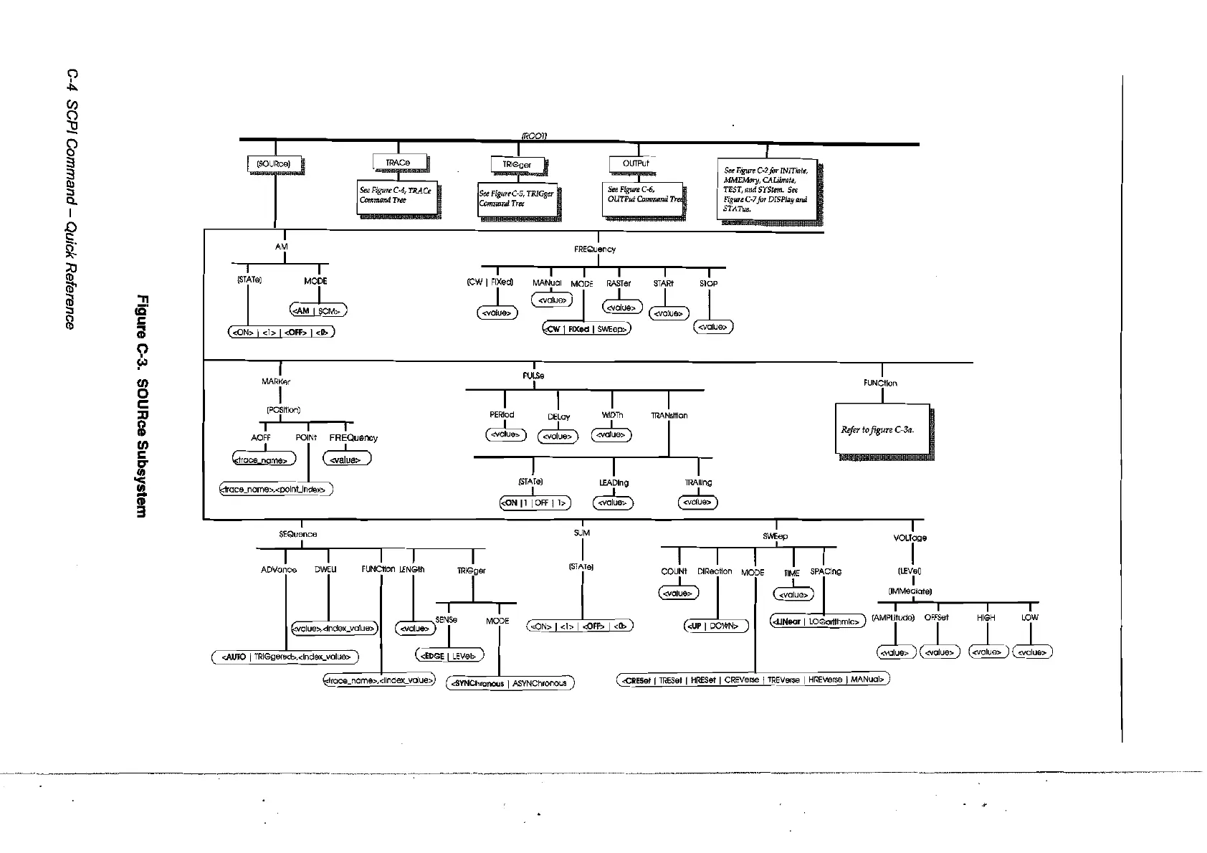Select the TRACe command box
pos(399,163)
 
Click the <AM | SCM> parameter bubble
pos(318,310)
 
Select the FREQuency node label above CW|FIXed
pos(595,249)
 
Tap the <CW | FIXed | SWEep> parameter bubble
pos(587,329)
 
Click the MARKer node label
pos(277,381)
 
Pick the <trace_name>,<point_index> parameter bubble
pos(275,490)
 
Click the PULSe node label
pos(533,376)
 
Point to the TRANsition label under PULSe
pos(669,416)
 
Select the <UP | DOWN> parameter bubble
pos(715,626)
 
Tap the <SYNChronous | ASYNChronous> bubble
pos(510,683)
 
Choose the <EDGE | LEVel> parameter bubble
pos(450,655)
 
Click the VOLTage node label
pos(912,538)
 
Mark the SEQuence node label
pos(297,534)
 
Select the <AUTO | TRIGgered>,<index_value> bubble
pos(285,657)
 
